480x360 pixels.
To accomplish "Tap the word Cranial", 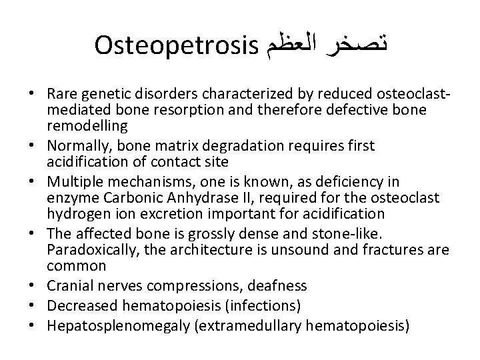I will coord(63,286).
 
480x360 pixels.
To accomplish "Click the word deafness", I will coord(278,286).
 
